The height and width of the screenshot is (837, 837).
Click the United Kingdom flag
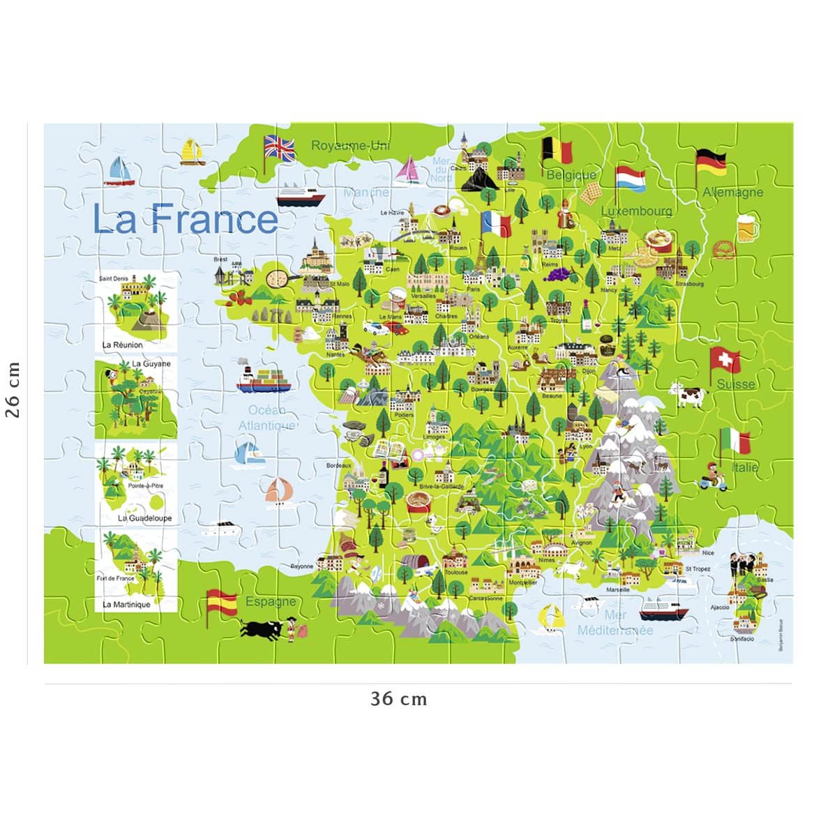(x=280, y=148)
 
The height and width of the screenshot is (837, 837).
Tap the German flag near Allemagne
(x=711, y=162)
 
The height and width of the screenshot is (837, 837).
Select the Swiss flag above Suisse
(x=726, y=361)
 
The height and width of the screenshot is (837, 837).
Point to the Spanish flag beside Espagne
(x=222, y=601)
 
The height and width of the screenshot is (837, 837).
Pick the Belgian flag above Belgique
(x=557, y=151)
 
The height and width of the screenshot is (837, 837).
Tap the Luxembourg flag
(x=631, y=178)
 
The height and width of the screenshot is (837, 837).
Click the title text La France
(x=186, y=218)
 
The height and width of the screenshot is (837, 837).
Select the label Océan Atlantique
(x=266, y=418)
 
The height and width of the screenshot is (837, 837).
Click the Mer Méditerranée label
(x=615, y=623)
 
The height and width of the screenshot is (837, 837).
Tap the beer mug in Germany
(x=746, y=227)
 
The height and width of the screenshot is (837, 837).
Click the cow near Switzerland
(x=688, y=395)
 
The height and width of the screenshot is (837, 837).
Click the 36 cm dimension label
(x=398, y=699)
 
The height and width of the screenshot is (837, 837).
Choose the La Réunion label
(x=122, y=345)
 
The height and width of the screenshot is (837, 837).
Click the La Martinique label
(x=126, y=605)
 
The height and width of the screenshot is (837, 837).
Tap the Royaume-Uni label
(x=350, y=145)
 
